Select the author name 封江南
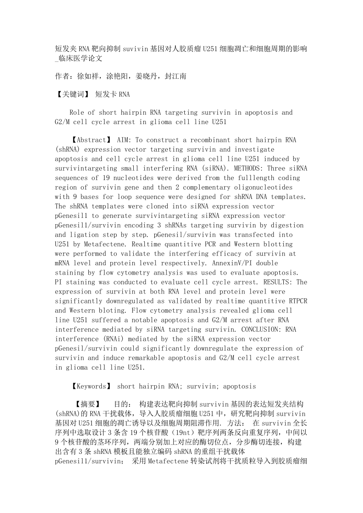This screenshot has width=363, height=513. coord(176,76)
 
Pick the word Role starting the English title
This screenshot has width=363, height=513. coord(77,112)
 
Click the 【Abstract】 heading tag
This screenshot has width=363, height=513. coord(91,140)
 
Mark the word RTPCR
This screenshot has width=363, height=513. coord(296,301)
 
